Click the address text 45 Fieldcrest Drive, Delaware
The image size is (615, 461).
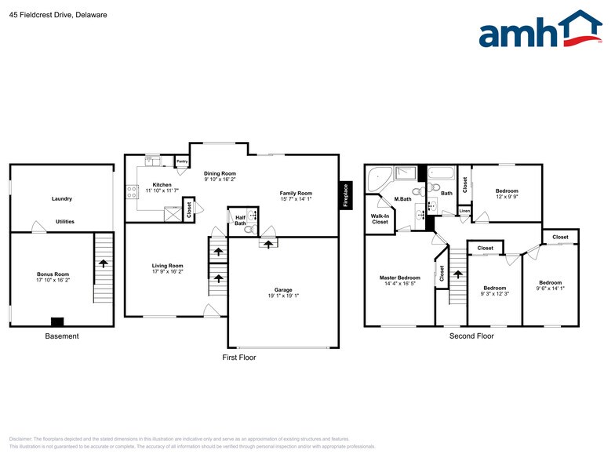coord(58,15)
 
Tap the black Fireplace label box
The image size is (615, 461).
coord(344,197)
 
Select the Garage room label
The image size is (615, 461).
coord(283,290)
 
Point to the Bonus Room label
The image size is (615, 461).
coord(53,274)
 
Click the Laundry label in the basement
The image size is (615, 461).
coord(62,199)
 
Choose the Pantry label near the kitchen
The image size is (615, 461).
coord(182,162)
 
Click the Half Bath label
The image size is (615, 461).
coord(240,220)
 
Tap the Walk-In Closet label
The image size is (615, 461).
coord(380,219)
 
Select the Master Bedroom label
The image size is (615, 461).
coord(400,278)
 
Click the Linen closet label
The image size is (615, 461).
coord(464,211)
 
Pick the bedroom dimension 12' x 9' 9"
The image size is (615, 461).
coord(507,198)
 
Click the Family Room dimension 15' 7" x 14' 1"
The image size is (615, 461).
coord(297,199)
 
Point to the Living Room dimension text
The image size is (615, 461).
coord(167,271)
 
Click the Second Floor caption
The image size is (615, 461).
coord(471,336)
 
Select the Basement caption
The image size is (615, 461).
coord(62,336)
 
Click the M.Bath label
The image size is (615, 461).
coord(403,199)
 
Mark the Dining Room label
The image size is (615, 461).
coord(220,173)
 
